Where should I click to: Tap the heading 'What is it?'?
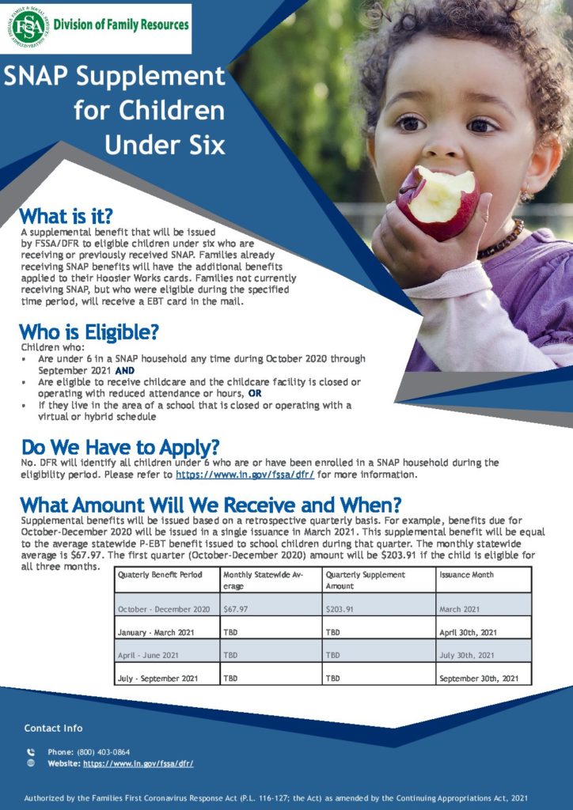pyautogui.click(x=66, y=216)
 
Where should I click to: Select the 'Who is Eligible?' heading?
pyautogui.click(x=89, y=331)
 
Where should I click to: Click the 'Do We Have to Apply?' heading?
pyautogui.click(x=120, y=448)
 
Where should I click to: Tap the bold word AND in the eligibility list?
pyautogui.click(x=125, y=371)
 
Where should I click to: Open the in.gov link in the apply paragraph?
pyautogui.click(x=245, y=475)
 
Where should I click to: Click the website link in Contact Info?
pyautogui.click(x=139, y=763)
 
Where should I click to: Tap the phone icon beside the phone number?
pyautogui.click(x=31, y=752)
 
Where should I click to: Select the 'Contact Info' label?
pyautogui.click(x=53, y=728)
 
